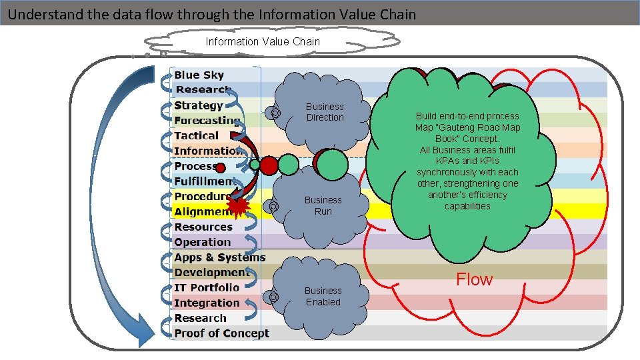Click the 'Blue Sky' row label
click(x=199, y=75)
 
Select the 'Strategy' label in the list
click(x=198, y=105)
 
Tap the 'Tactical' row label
click(x=196, y=135)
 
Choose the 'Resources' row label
click(x=203, y=227)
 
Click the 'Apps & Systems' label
click(x=219, y=257)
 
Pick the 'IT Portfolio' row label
click(x=206, y=287)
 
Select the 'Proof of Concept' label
click(x=221, y=333)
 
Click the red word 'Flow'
click(x=474, y=279)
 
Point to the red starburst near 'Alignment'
click(x=239, y=208)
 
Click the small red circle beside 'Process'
click(x=221, y=167)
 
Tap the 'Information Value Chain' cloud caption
click(x=262, y=41)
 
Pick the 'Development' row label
click(x=211, y=273)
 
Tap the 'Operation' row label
click(x=202, y=242)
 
